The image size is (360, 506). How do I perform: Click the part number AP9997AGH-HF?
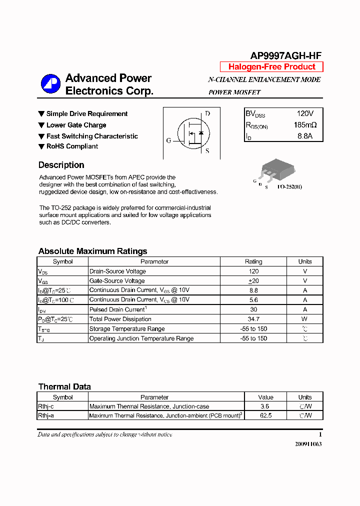(x=285, y=56)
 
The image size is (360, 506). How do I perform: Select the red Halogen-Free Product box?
(x=271, y=67)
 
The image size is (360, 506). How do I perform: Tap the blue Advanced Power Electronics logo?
(x=50, y=84)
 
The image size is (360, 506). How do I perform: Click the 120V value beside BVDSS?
(x=304, y=114)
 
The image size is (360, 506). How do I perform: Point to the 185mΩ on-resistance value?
(x=305, y=125)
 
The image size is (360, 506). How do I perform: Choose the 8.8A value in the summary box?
(x=304, y=136)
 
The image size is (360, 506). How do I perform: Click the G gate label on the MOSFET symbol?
(x=168, y=140)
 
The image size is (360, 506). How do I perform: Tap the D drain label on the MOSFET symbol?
(x=207, y=113)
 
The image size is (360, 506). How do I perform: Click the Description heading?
(x=61, y=165)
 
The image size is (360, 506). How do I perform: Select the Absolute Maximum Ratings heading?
(x=92, y=251)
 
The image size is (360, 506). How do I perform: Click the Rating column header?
(x=253, y=261)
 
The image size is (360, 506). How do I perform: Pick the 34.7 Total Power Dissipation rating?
(x=253, y=319)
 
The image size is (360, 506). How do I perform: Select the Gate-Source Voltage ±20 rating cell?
(x=253, y=281)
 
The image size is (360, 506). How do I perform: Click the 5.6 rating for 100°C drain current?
(x=253, y=300)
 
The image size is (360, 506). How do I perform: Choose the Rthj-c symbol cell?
(x=46, y=406)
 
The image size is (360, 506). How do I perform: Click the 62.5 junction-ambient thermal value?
(x=265, y=415)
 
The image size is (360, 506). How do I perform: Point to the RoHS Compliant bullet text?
(x=72, y=146)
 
